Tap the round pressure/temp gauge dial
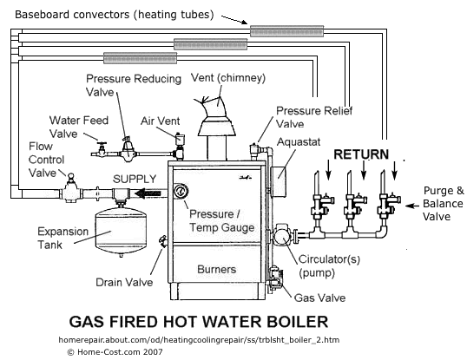coord(181,192)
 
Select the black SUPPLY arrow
coord(148,193)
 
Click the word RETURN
coord(361,154)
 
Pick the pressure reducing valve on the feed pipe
coord(128,149)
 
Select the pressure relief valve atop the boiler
coord(255,151)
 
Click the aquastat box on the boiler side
coord(278,180)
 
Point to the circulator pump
coord(284,234)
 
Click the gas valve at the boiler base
coord(275,278)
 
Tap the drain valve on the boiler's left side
coord(163,240)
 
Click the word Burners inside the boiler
coord(216,269)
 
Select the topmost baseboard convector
coord(286,31)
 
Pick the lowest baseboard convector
coord(141,58)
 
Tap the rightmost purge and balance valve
coord(388,206)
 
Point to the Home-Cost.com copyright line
coord(115,352)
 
